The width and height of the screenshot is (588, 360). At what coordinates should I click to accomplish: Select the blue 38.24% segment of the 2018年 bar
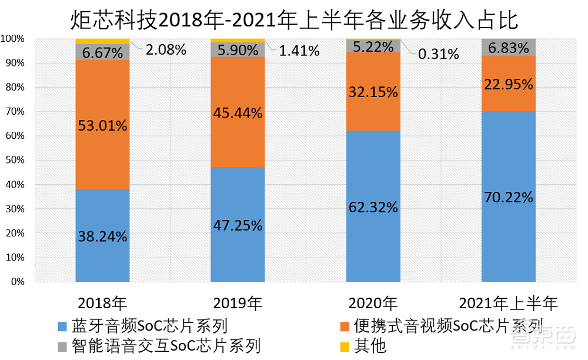(102, 235)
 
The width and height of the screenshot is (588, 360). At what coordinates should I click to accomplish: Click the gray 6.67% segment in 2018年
(102, 52)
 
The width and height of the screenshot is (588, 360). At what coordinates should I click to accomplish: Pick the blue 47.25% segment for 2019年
(238, 225)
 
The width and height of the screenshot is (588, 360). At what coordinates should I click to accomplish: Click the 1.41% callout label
(299, 51)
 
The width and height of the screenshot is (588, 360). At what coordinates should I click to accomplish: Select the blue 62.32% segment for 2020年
(373, 206)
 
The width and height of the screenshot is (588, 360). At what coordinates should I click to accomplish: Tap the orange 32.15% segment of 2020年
(373, 91)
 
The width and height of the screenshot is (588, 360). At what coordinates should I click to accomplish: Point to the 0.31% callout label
(438, 54)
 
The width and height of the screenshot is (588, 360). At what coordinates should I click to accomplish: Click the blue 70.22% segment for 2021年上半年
(509, 197)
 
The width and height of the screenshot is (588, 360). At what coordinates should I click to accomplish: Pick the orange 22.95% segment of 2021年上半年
(509, 84)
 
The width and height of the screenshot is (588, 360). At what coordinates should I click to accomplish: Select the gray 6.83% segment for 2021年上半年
(509, 46)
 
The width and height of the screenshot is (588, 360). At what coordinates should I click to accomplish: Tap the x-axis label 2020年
(373, 304)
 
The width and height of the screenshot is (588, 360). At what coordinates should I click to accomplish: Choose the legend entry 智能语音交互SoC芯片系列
(159, 345)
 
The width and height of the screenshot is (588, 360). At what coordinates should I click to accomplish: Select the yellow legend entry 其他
(364, 345)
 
